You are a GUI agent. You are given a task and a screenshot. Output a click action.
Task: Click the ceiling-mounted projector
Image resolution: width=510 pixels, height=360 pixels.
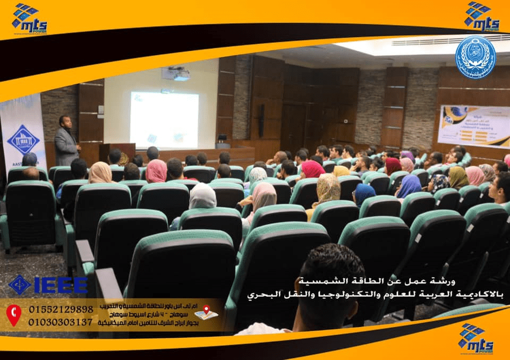[x=176, y=74]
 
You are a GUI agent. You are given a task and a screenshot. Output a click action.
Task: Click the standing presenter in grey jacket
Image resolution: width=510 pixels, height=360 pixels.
[x=66, y=141]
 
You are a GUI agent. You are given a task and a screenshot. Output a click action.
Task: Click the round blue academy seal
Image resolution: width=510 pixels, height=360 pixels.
[x=475, y=57]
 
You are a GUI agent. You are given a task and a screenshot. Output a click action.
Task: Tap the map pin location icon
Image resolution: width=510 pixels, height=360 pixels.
[x=206, y=312]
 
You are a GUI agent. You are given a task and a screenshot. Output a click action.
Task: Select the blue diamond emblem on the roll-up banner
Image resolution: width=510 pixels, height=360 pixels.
[x=23, y=139]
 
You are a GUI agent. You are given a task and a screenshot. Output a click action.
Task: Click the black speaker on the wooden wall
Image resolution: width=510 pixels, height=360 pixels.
[x=261, y=120]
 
